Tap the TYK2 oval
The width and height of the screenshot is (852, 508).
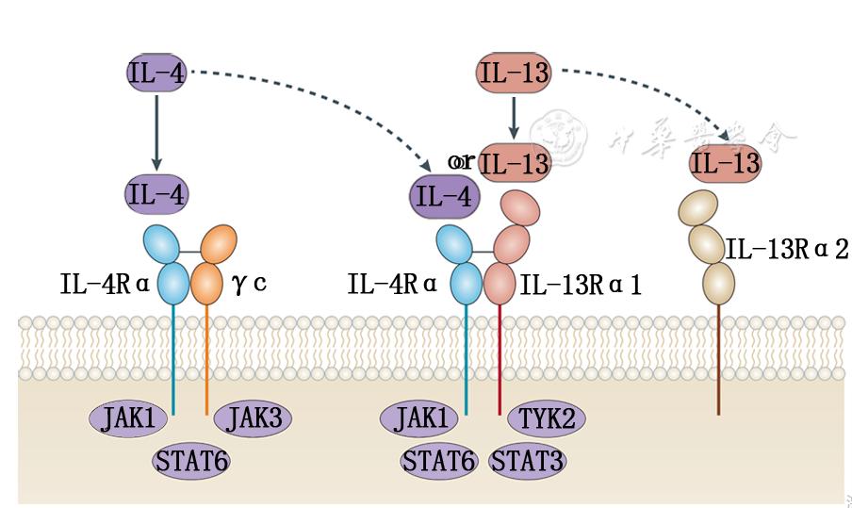click(542, 417)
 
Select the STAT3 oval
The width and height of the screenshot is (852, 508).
click(529, 462)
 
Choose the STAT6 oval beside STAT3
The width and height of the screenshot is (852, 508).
click(437, 462)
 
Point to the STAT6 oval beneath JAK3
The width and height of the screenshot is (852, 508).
click(191, 462)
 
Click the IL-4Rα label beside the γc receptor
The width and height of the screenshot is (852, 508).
click(103, 283)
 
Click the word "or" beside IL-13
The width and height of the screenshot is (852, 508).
click(462, 161)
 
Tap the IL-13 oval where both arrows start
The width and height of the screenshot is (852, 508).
click(514, 73)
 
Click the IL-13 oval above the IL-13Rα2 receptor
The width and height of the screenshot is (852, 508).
click(725, 163)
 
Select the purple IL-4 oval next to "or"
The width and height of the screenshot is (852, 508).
click(444, 197)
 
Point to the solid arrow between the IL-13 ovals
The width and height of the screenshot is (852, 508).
click(514, 118)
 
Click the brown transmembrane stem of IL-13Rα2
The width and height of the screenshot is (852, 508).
click(718, 358)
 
